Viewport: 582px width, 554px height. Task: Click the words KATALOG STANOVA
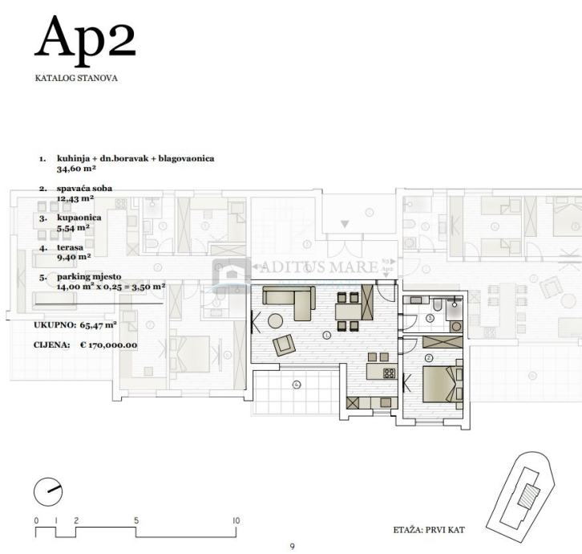pos(76,78)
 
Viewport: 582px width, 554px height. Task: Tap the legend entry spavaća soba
pos(84,188)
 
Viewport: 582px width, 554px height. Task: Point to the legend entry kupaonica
pos(79,218)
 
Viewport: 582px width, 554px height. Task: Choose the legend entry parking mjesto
pos(89,277)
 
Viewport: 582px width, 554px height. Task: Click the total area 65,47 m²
pos(99,325)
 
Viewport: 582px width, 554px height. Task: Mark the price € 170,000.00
pos(109,345)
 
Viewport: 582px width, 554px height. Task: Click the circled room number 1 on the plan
pos(326,336)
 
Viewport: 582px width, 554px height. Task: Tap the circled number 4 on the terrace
pos(297,385)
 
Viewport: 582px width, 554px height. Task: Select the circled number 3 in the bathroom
pos(430,318)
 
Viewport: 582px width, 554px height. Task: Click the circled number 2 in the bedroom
pos(429,358)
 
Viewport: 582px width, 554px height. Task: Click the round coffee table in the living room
pos(276,321)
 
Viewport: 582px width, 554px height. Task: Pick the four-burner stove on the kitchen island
pos(390,373)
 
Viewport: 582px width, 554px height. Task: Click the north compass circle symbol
pos(48,491)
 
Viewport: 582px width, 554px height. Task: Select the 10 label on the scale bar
pos(236,520)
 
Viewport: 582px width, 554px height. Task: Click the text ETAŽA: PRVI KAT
pos(429,530)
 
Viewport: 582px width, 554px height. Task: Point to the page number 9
pos(292,547)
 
